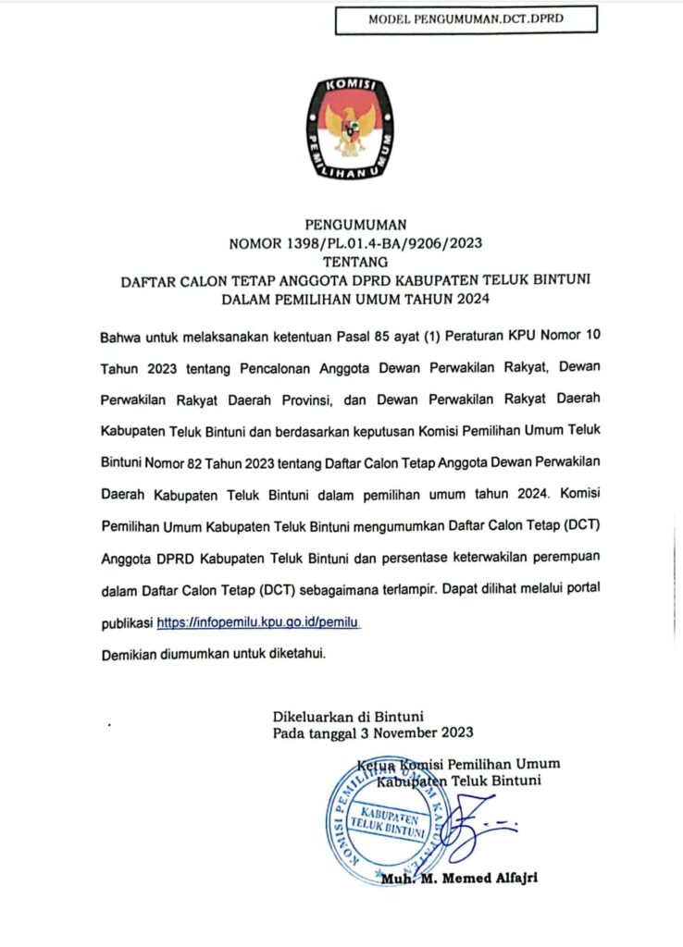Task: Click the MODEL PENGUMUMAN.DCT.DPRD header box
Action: pos(466,19)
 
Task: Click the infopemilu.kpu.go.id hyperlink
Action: pos(257,624)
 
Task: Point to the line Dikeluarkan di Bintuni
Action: pos(348,715)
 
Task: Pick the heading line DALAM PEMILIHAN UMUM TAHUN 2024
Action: pos(356,299)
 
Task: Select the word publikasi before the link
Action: pos(126,624)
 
